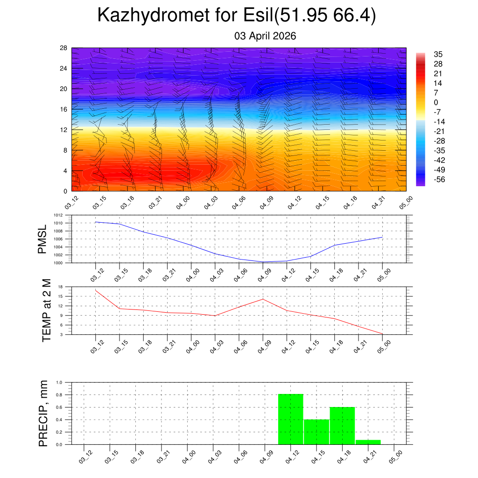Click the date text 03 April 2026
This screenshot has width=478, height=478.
click(265, 36)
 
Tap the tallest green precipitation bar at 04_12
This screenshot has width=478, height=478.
click(290, 419)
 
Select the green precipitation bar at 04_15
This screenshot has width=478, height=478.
click(316, 432)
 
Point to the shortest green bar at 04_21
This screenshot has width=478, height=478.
click(368, 442)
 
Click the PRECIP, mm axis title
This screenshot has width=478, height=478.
click(43, 413)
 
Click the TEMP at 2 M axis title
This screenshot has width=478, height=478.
click(46, 310)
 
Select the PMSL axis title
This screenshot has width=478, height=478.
click(42, 239)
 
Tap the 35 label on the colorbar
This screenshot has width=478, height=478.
click(438, 54)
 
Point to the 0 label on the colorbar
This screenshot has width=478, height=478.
click(436, 103)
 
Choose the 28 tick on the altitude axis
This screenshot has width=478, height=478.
click(63, 48)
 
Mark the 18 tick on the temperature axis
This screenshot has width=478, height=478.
click(61, 287)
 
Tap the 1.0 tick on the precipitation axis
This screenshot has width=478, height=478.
click(59, 382)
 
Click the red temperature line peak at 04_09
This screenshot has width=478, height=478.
click(263, 299)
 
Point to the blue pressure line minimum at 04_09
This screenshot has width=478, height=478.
click(263, 262)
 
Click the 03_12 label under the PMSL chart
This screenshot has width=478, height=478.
click(97, 275)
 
